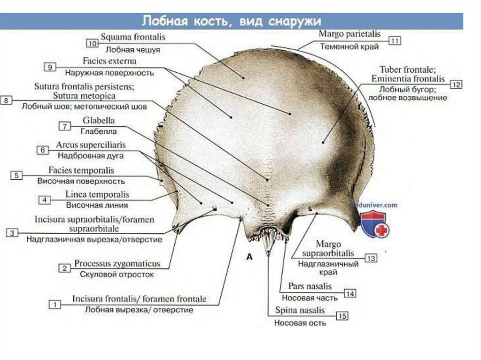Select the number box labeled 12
pos(456,84)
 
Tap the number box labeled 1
pos(55,304)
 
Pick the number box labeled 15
pos(342,316)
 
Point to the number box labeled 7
pos(64,126)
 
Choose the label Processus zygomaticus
pos(117,264)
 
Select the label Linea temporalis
pos(97,194)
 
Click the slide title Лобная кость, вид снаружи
pos(232,21)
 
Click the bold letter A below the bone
pos(249,257)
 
